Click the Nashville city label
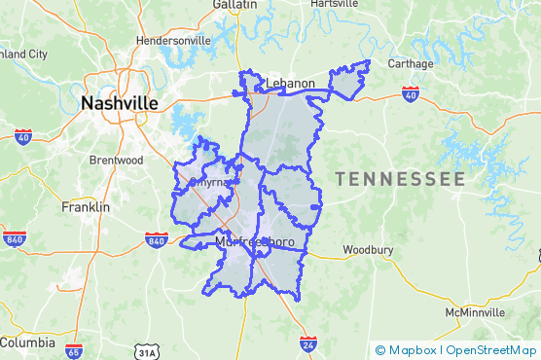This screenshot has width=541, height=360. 120,103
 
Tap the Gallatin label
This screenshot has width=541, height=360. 234,5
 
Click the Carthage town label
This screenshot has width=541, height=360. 411,64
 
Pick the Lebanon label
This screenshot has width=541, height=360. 290,84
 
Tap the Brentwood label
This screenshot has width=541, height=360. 116,160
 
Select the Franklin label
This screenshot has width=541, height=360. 86,207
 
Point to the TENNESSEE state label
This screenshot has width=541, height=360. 400,180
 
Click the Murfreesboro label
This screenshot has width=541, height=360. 256,240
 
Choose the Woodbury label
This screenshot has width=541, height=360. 368,250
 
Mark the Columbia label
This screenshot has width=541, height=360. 27,342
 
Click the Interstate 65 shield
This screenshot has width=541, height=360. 74,349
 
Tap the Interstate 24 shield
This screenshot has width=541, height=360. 307,344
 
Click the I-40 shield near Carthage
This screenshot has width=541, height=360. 410,94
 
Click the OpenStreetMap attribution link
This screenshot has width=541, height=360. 490,350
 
